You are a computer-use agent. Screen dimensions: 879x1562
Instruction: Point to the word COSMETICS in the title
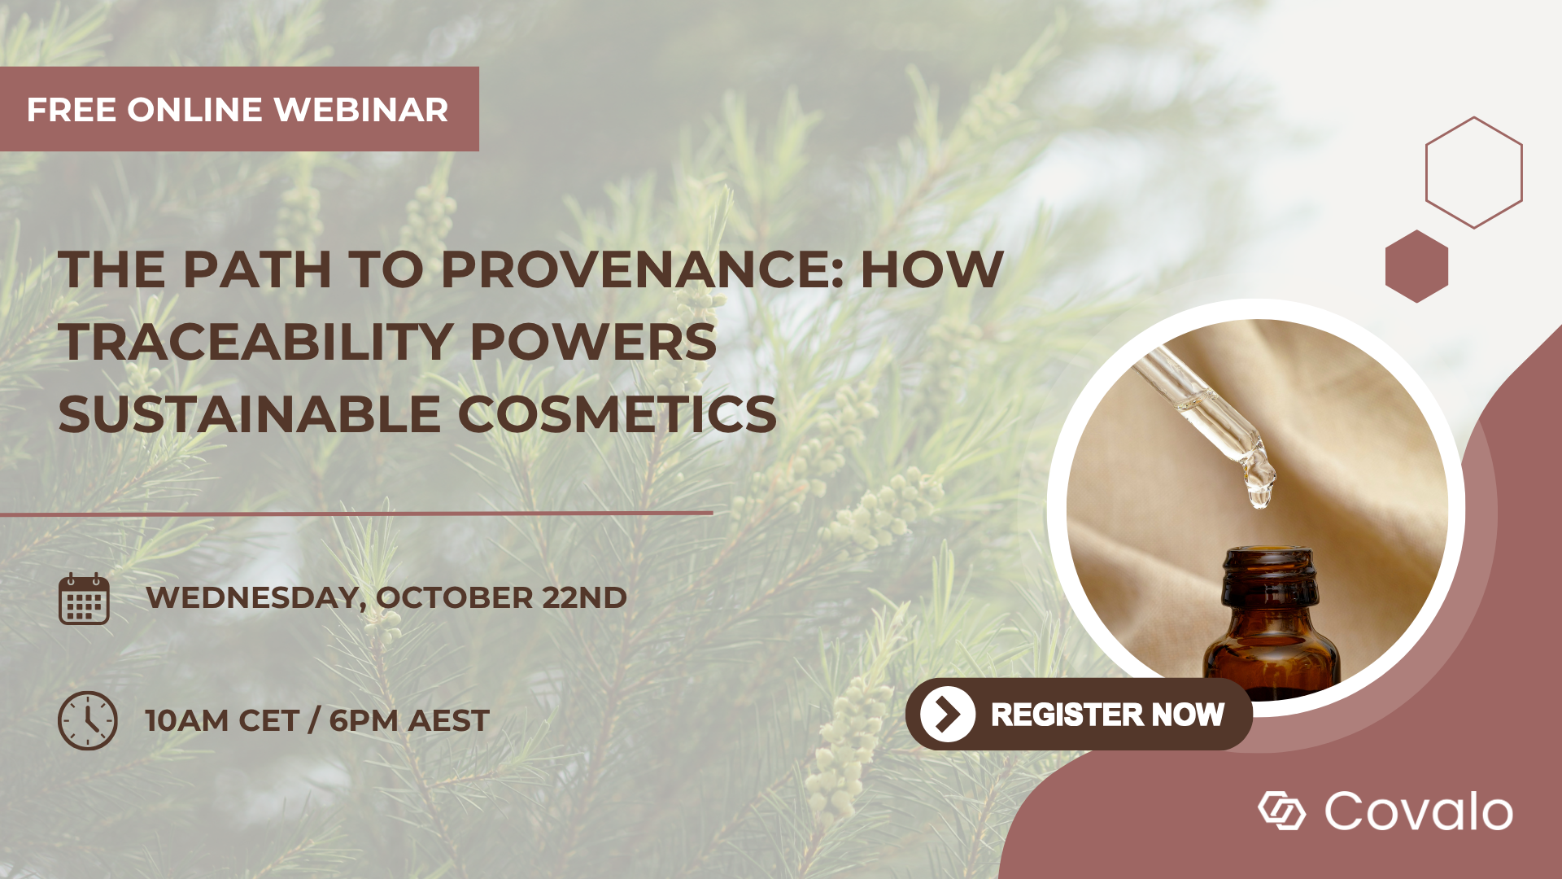[x=617, y=414]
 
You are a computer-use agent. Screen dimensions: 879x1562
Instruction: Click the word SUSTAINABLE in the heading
[x=249, y=414]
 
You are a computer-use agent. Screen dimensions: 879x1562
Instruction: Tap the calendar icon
[x=84, y=599]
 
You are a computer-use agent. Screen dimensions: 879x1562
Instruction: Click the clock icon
[x=87, y=720]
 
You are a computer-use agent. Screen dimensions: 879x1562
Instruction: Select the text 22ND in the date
[x=584, y=597]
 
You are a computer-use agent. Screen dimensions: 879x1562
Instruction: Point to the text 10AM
[x=185, y=721]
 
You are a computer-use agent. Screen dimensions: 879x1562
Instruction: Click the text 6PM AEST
[x=408, y=721]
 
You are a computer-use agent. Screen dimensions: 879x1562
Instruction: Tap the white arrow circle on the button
[x=947, y=715]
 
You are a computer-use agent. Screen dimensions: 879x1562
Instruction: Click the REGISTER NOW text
[x=1107, y=715]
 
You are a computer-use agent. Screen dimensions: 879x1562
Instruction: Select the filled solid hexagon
[x=1416, y=266]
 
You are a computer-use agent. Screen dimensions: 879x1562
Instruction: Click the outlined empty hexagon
[x=1473, y=173]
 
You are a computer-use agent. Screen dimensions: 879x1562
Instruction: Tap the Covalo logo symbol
[x=1281, y=811]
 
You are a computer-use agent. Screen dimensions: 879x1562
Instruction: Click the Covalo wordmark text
[x=1418, y=811]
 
